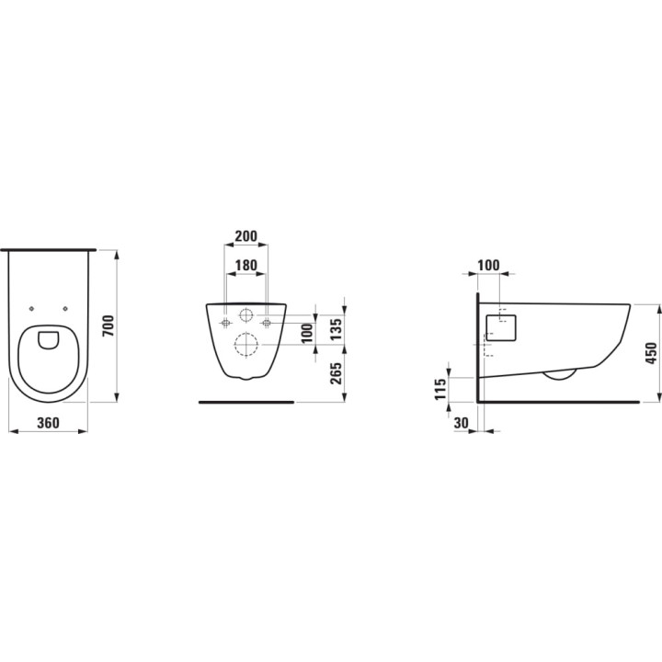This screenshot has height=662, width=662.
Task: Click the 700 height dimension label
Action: pos(108,325)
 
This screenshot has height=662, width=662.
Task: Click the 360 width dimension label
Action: pos(48,423)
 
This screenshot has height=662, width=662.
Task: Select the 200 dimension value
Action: pos(245,235)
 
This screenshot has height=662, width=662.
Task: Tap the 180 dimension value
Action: pos(245,265)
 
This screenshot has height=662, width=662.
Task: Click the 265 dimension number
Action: pos(337,373)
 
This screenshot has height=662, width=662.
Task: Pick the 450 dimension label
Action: pos(652,353)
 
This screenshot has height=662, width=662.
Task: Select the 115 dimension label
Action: pos(439,389)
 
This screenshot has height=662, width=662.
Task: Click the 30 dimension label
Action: pos(462,423)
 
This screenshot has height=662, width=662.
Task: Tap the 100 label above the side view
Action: pos(488,266)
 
